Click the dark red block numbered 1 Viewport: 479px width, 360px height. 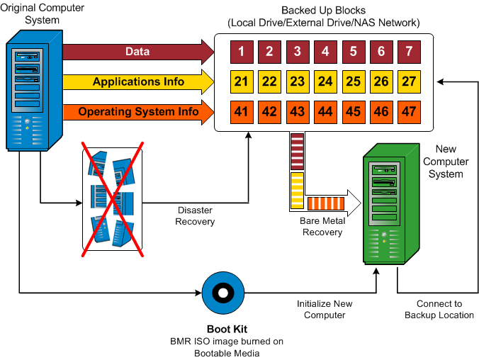pos(242,51)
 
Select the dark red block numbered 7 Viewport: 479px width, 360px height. pos(409,51)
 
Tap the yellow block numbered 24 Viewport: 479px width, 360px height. pos(325,81)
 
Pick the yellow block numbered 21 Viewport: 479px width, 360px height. pos(242,81)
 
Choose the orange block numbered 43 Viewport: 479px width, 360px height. pos(298,112)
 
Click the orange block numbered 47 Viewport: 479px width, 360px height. pos(409,112)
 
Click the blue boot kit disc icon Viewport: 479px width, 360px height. pos(222,293)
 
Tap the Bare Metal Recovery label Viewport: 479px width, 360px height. pos(322,227)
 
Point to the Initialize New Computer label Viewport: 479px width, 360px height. pos(324,309)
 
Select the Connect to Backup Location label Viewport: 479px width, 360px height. pos(439,309)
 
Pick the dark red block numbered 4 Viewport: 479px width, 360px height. pos(325,51)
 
